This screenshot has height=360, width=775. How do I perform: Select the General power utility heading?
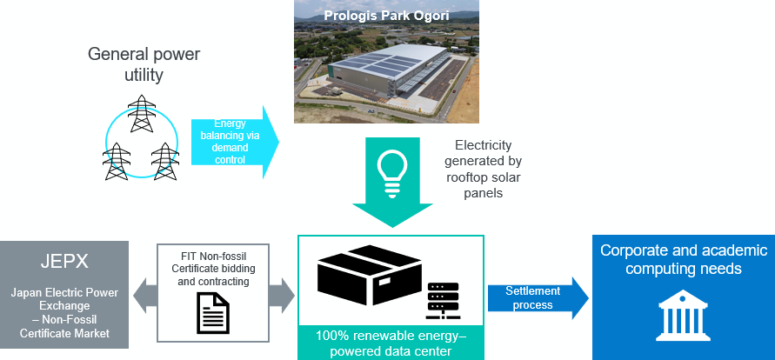(144, 65)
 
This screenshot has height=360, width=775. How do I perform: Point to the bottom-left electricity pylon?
(115, 161)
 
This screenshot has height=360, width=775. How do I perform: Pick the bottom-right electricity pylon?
(164, 161)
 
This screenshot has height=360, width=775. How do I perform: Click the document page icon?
(213, 311)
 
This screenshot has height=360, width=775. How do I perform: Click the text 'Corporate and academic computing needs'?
(683, 259)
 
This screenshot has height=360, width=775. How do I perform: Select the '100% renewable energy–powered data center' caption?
(391, 344)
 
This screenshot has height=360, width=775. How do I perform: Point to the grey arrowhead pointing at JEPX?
(142, 297)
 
